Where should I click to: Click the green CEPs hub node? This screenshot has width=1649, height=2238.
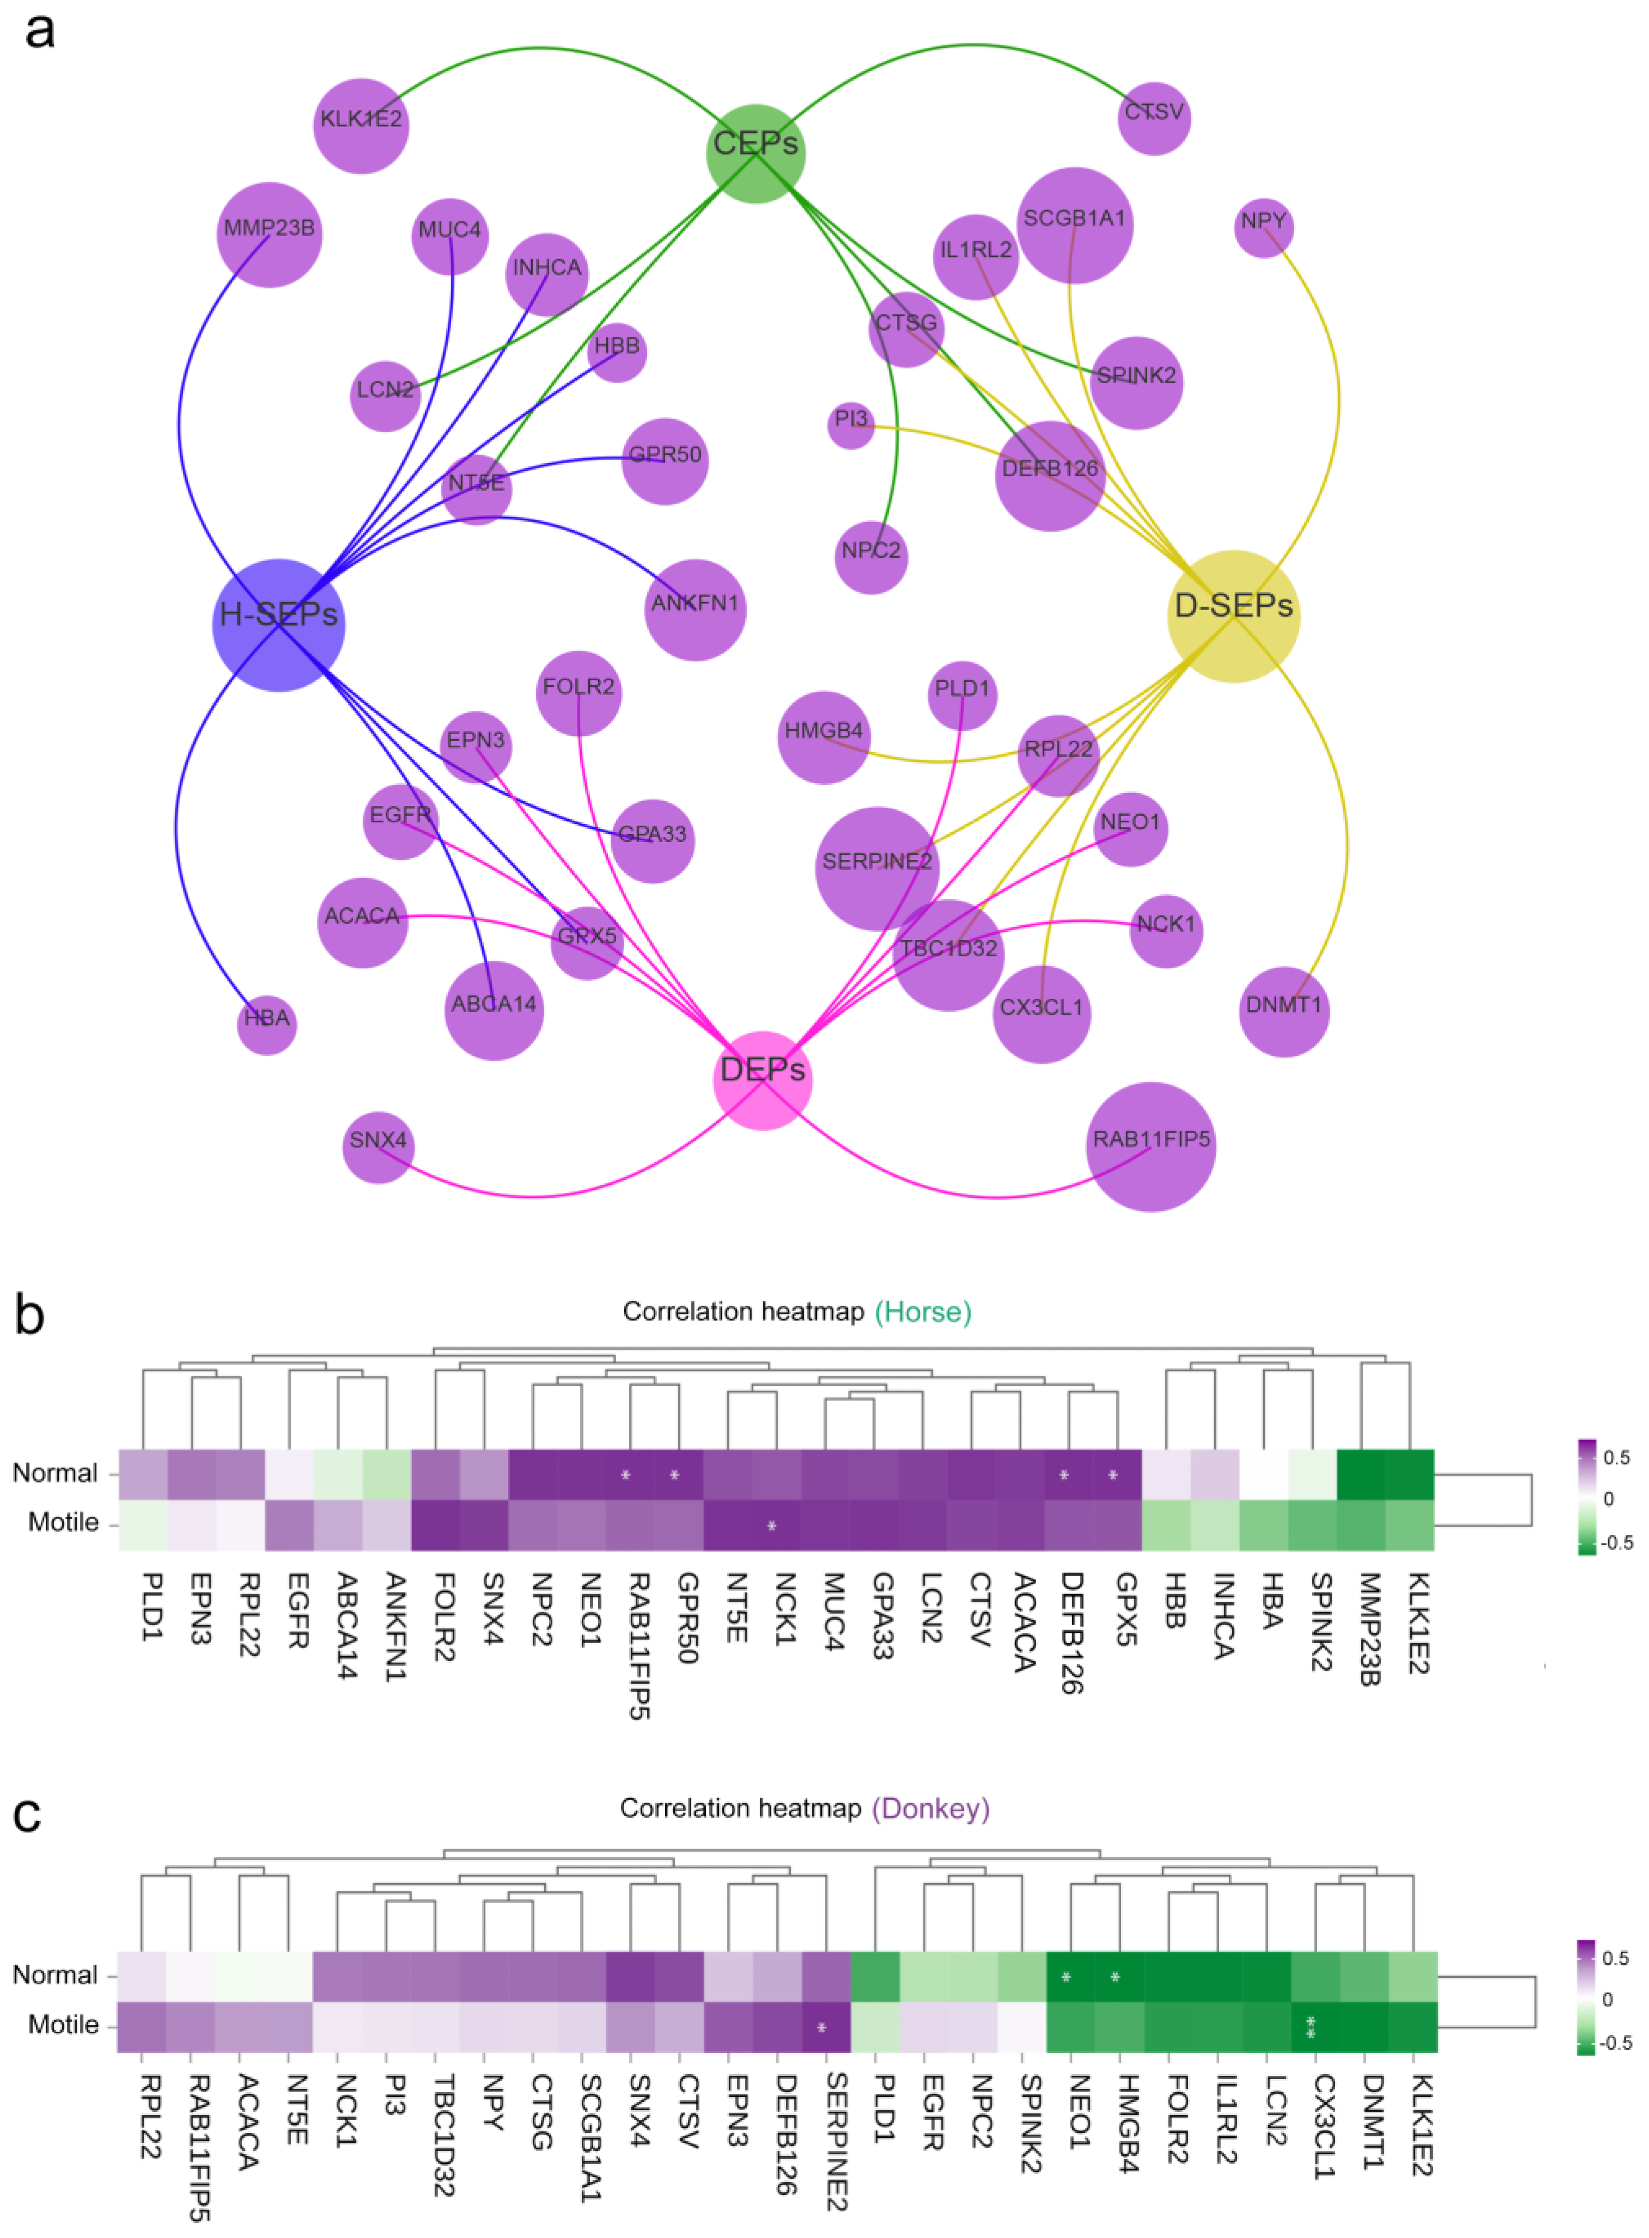coord(755,153)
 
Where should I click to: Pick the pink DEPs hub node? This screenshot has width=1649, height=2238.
coord(762,1079)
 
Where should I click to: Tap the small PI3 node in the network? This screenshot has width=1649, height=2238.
coord(851,425)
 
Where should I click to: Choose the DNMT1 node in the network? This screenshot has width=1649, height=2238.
coord(1284,1011)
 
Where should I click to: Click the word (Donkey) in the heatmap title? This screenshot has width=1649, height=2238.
coord(930,1809)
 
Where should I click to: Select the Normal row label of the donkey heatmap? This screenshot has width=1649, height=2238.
coord(55,1975)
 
